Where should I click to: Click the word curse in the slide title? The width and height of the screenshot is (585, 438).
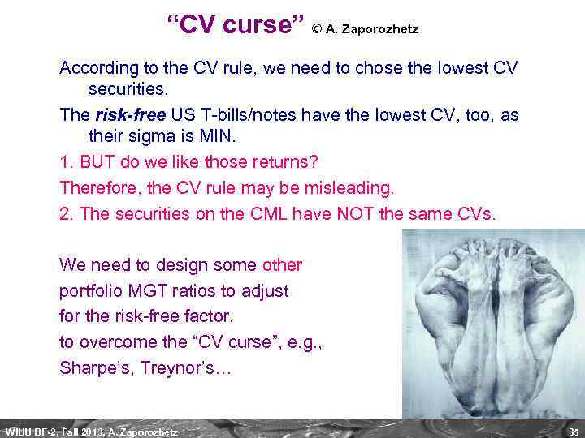click(x=255, y=26)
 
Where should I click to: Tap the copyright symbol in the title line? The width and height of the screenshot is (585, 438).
click(x=318, y=30)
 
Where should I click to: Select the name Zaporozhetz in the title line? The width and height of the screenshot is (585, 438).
click(x=379, y=30)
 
